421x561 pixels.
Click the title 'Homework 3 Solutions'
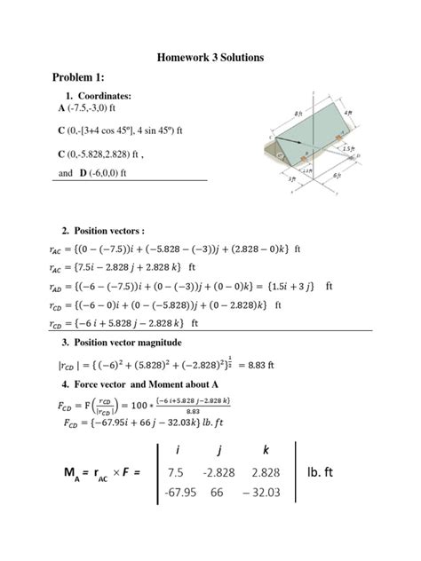point(210,58)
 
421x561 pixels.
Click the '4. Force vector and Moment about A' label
point(139,383)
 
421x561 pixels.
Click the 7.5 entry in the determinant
point(175,472)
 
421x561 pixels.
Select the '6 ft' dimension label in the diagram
point(337,177)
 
